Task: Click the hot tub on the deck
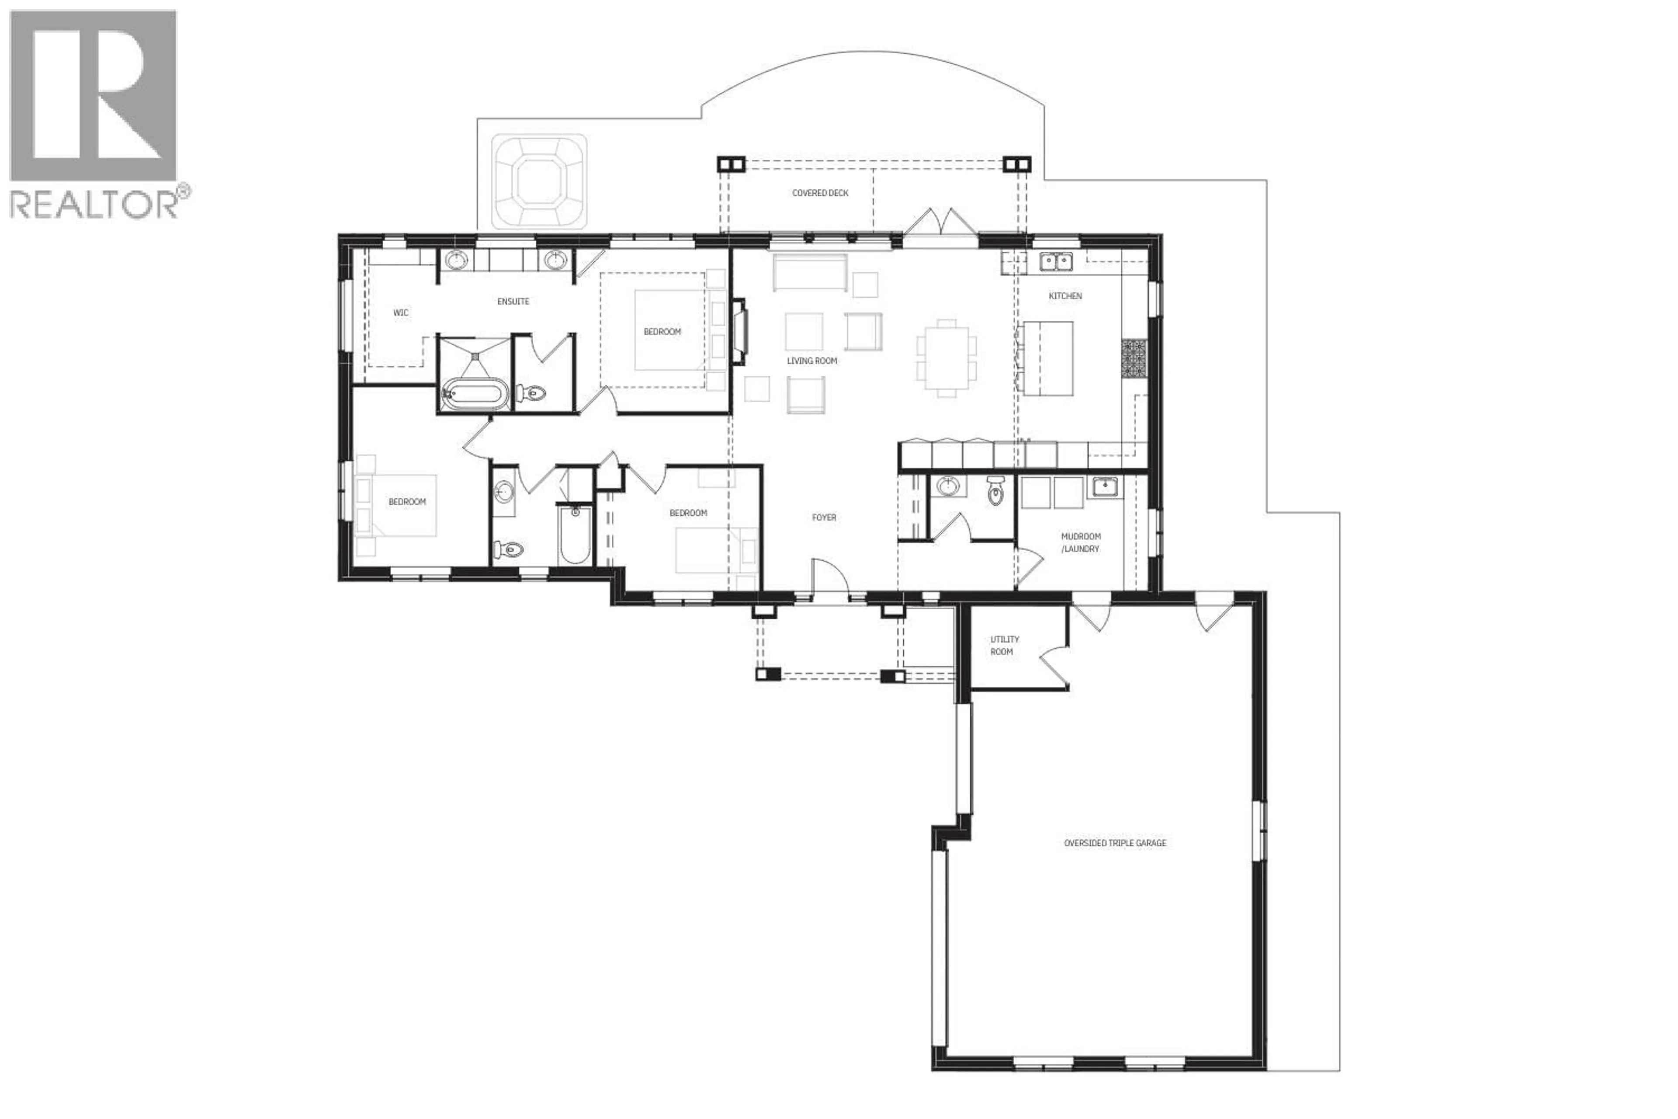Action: click(539, 182)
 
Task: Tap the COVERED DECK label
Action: click(820, 193)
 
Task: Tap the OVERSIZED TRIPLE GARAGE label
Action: click(1114, 843)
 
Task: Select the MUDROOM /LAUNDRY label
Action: click(1080, 542)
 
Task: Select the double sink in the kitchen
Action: click(1055, 262)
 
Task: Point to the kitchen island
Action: click(1049, 358)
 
